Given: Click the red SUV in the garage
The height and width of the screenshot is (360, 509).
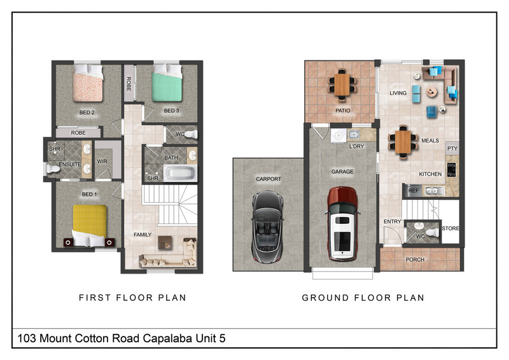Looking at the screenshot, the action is (342, 224).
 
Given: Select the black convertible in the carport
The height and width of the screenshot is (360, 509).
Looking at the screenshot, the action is (267, 226).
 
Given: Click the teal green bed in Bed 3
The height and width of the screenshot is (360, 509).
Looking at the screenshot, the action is (167, 83).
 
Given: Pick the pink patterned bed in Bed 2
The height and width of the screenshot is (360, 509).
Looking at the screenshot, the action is (88, 83).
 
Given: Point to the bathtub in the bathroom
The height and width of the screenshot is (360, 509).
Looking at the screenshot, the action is (180, 173).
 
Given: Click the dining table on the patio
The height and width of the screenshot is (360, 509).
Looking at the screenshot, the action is (342, 85).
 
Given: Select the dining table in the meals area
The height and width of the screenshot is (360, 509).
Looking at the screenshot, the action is (403, 142).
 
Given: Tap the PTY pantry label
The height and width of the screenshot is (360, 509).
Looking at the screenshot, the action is (452, 148).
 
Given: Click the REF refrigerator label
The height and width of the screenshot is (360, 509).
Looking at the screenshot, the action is (413, 191).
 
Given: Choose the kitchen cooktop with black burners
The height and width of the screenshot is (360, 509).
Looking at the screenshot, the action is (451, 169).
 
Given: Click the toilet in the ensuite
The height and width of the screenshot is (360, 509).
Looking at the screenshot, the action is (53, 169).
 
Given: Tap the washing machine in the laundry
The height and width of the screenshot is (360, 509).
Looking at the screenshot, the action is (338, 135).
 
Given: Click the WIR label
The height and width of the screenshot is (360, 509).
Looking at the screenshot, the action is (102, 162).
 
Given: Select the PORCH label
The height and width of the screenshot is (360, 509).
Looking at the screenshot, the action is (415, 260).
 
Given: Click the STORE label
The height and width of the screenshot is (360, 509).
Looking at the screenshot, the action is (450, 228).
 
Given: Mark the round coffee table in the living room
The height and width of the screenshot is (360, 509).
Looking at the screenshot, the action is (431, 92).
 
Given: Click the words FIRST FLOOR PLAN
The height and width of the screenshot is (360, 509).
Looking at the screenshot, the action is (132, 297).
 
